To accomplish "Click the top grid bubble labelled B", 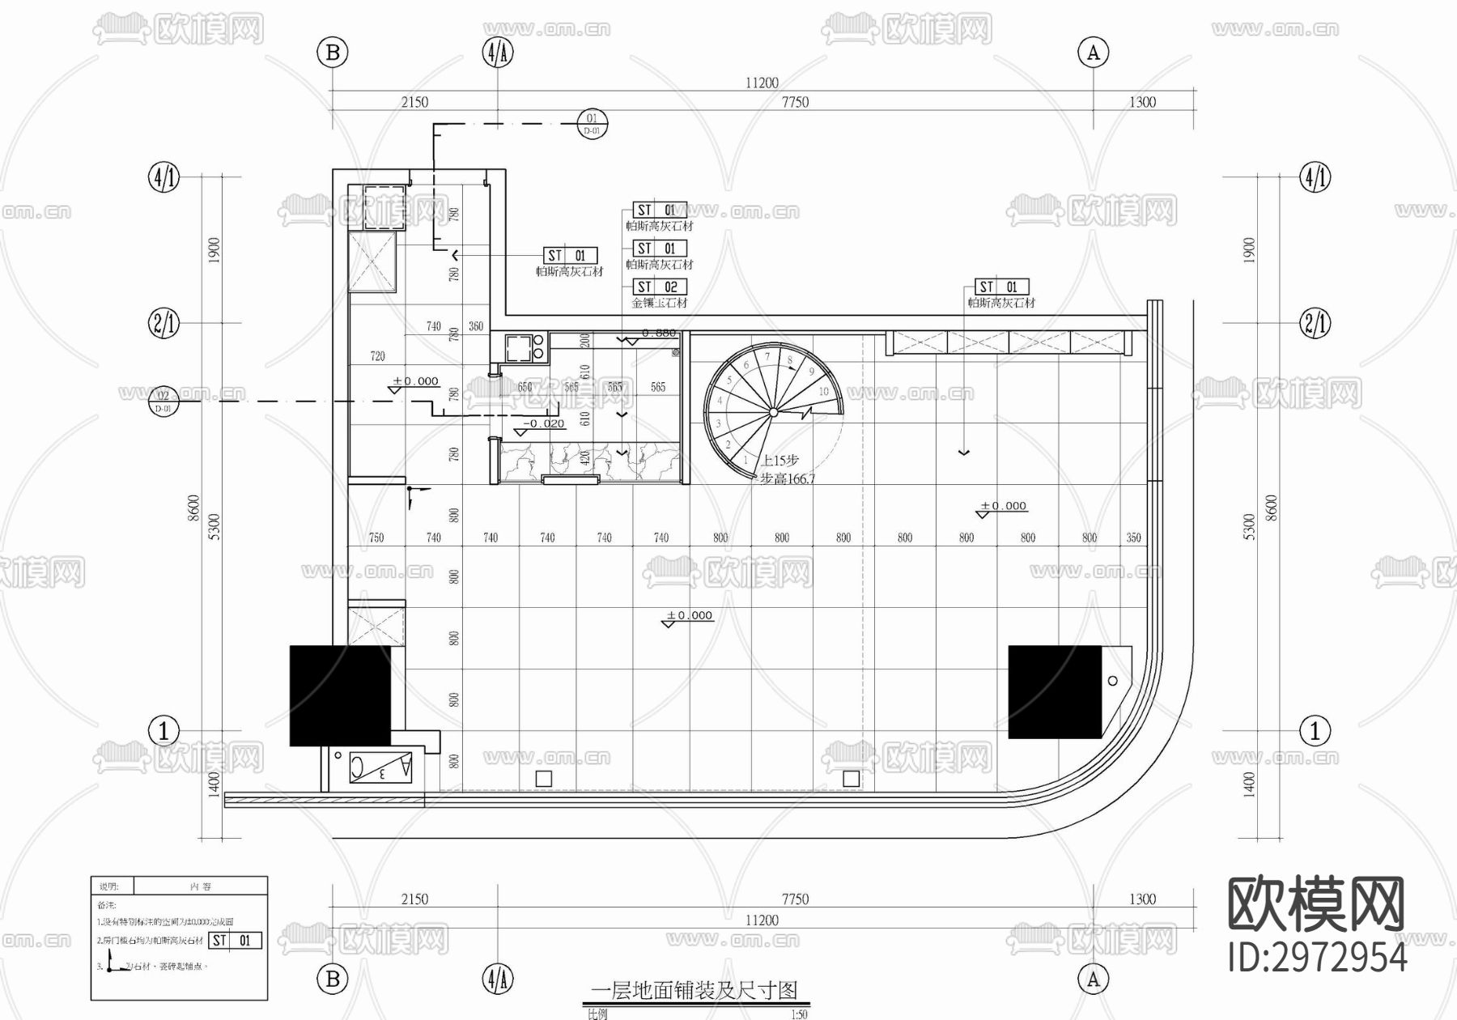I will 332,53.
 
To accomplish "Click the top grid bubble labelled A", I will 1093,53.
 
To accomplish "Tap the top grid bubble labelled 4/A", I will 498,53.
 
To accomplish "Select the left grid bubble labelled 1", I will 164,731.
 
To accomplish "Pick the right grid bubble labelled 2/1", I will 1315,324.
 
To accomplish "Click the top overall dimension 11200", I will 762,83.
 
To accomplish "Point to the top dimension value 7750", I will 795,102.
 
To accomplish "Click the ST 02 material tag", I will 659,287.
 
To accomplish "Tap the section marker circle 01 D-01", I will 592,124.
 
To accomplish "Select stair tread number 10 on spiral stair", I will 823,391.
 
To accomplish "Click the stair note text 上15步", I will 779,460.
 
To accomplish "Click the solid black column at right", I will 1055,691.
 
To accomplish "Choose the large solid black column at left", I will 340,695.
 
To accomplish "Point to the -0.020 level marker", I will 542,423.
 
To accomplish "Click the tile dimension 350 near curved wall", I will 1133,538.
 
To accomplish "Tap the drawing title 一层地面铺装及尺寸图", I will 695,989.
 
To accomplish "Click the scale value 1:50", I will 798,1014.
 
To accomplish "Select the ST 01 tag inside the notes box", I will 235,941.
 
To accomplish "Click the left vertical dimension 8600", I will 193,508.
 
